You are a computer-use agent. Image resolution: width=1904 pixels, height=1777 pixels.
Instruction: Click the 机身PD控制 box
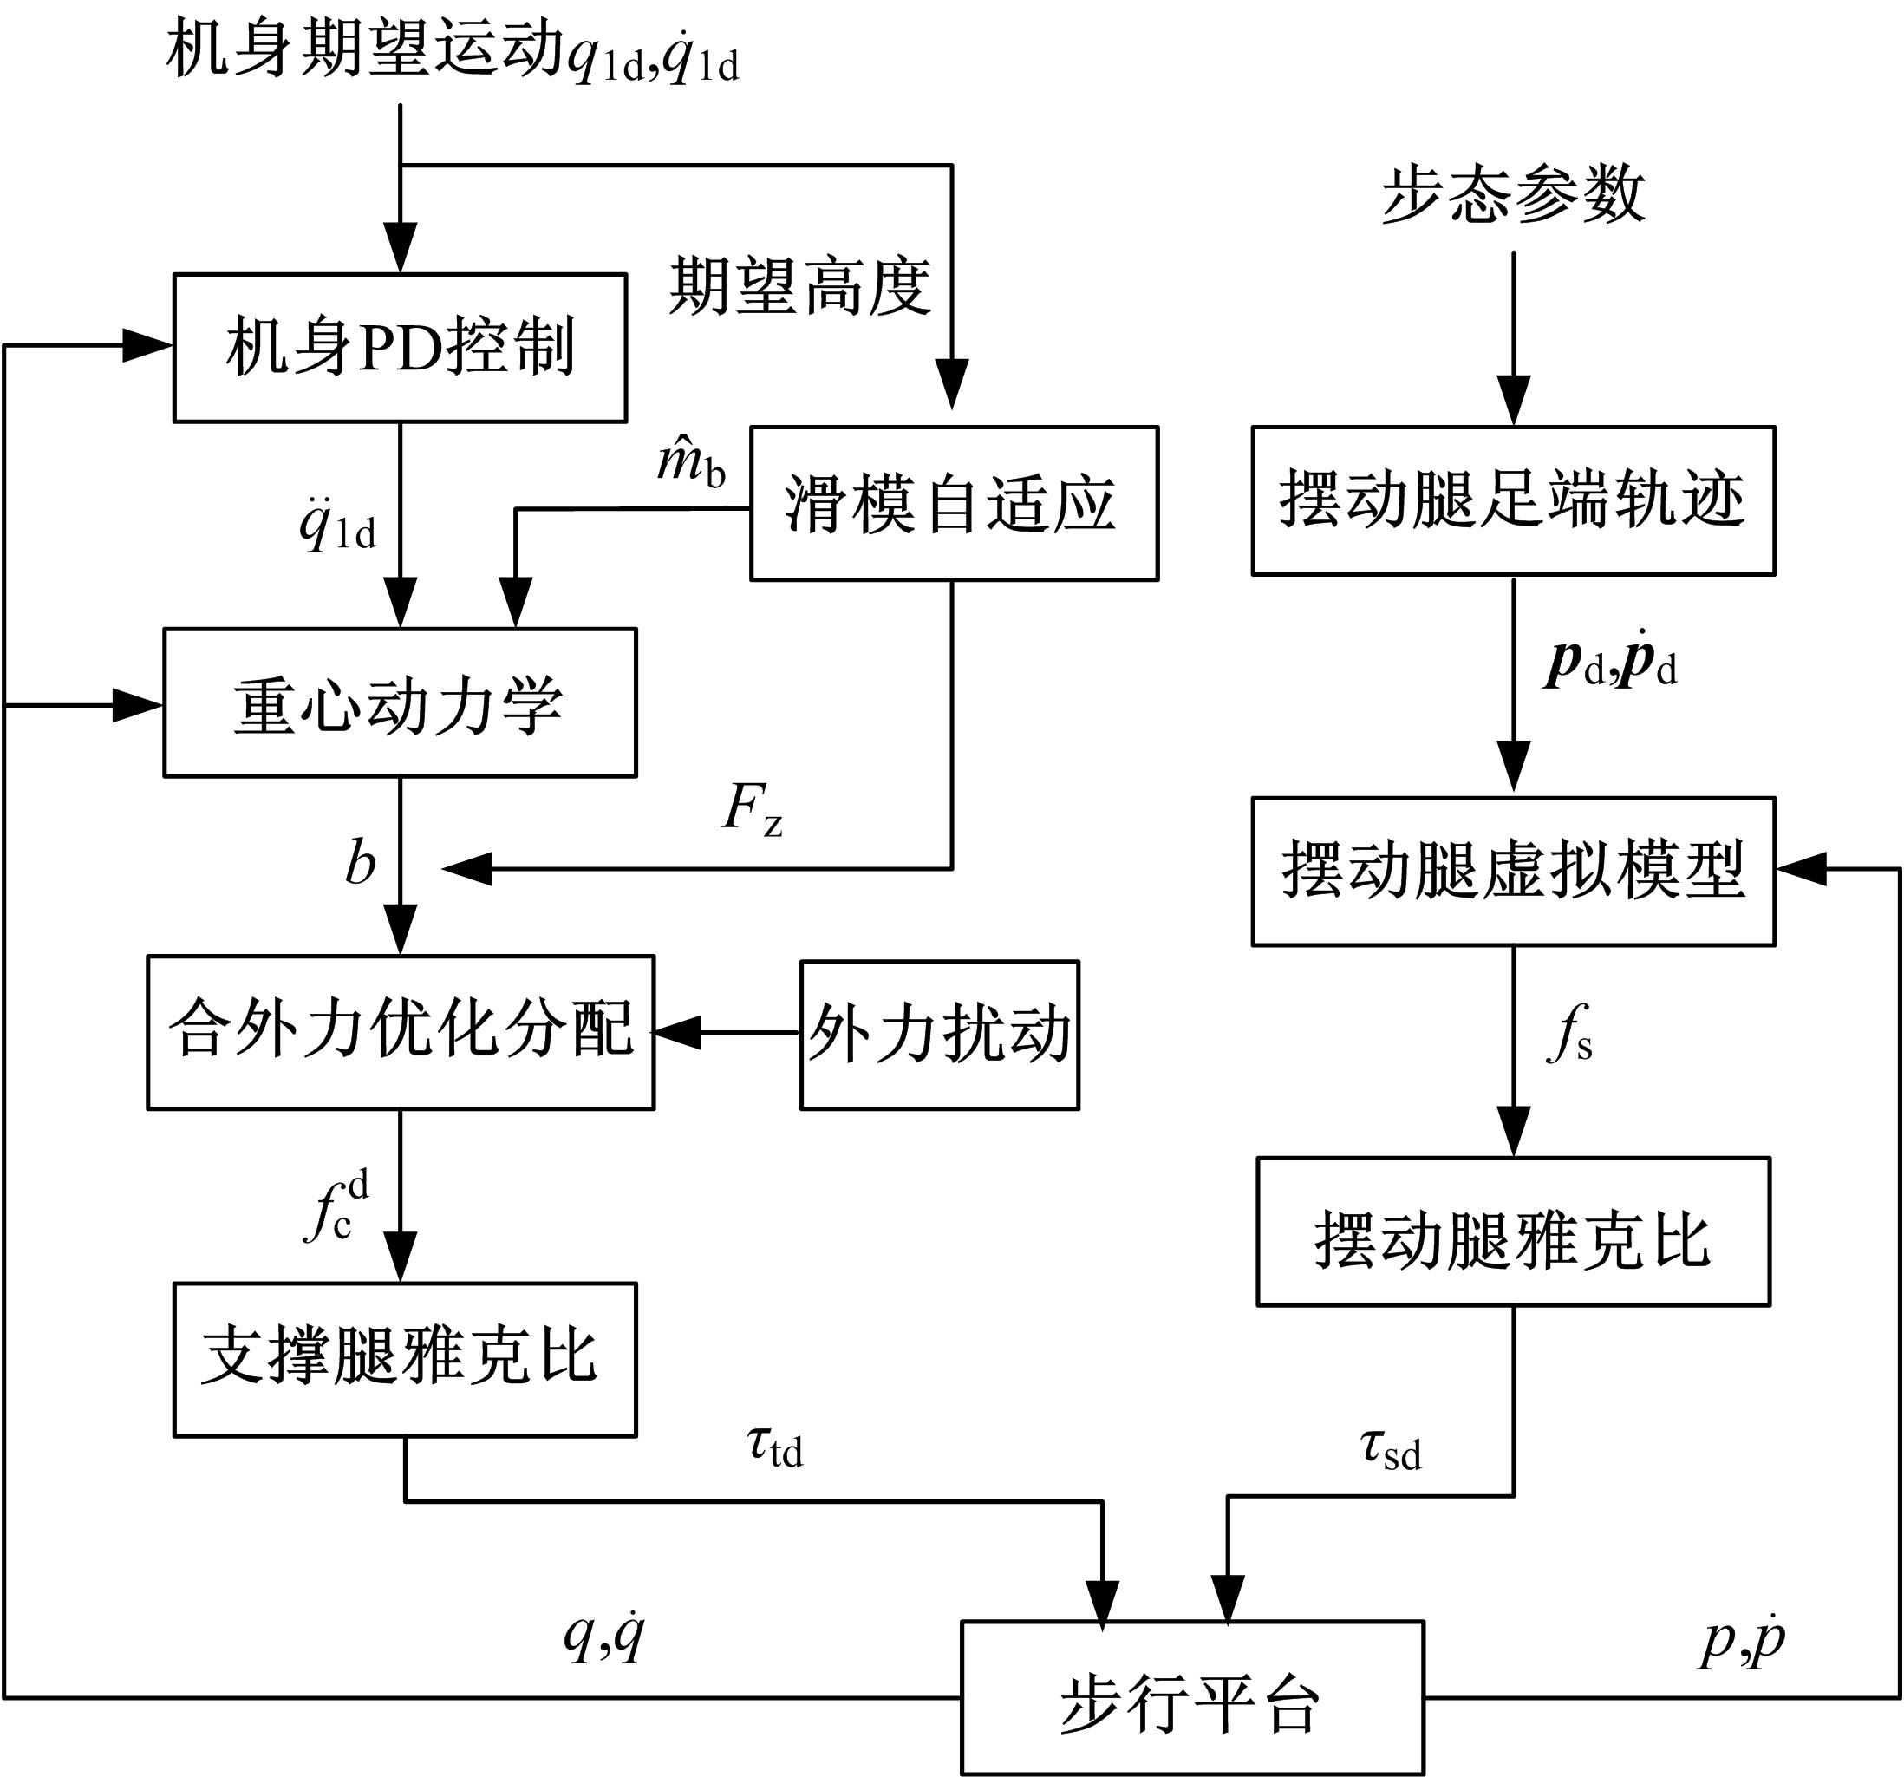tap(400, 347)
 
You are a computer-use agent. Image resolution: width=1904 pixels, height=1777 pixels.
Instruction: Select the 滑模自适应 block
tap(953, 503)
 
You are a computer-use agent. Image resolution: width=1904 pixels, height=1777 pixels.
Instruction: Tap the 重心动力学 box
tap(400, 702)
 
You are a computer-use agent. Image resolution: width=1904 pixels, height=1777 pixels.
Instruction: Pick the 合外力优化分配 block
tap(401, 1032)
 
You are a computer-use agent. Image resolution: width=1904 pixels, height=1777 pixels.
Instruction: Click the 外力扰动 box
tap(940, 1034)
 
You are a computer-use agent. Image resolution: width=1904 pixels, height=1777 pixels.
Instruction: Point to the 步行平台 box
tap(1191, 1696)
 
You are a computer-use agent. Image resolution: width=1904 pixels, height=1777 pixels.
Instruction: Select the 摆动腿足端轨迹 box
tap(1512, 500)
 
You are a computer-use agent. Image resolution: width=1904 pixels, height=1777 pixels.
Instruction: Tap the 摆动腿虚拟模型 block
tap(1512, 871)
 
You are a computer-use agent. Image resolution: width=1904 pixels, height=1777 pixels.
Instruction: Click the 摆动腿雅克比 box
tap(1512, 1231)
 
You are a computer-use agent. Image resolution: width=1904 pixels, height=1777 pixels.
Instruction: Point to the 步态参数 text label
tap(1512, 194)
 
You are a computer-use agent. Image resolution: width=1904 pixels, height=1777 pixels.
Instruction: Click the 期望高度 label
tap(799, 285)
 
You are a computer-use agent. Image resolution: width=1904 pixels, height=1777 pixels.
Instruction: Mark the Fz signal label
tap(752, 809)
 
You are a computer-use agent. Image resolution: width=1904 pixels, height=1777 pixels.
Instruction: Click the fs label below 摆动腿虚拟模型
tap(1568, 1034)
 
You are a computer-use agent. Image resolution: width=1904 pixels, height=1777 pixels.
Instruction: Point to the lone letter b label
tap(360, 862)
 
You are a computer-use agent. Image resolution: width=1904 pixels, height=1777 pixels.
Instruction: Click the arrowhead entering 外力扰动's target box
tap(676, 1033)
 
